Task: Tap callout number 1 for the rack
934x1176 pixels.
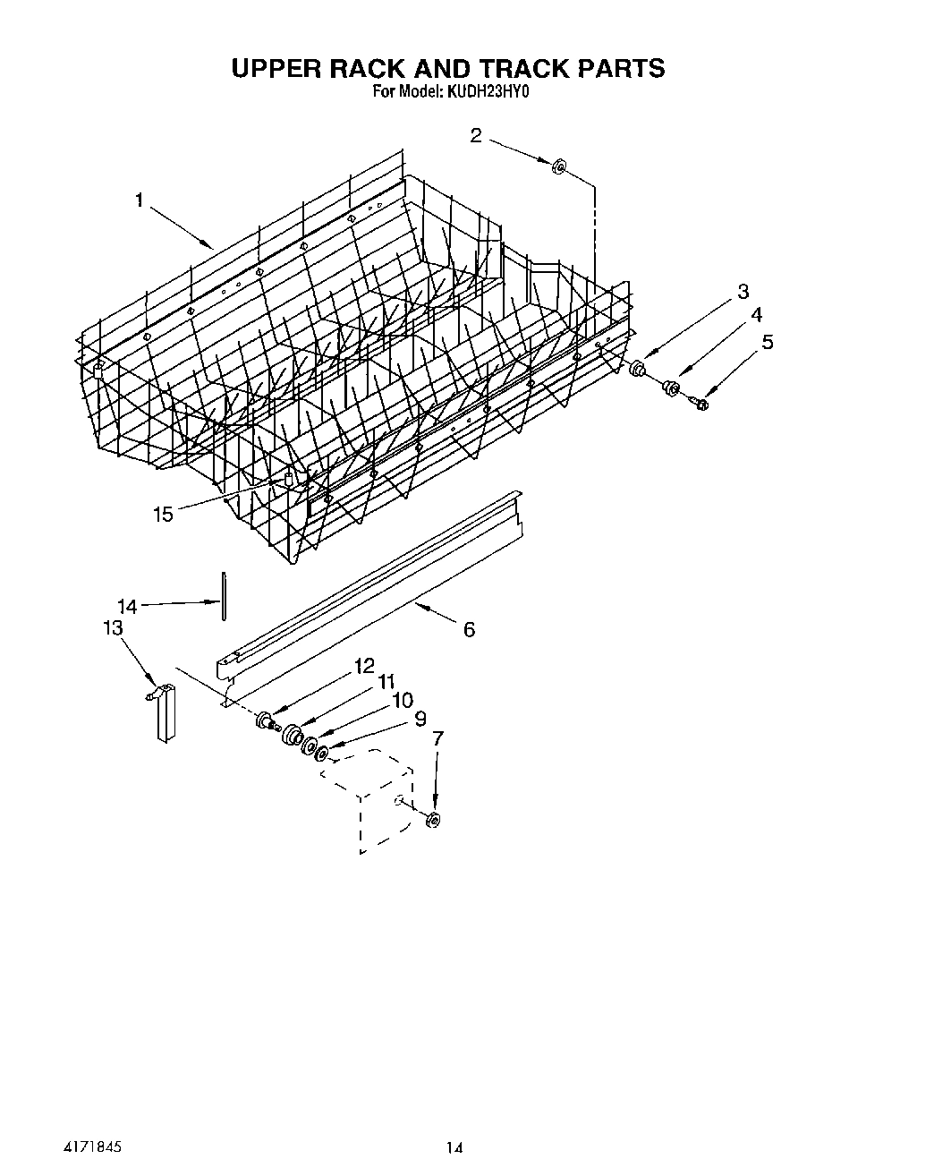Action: click(x=139, y=200)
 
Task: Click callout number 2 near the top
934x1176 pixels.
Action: click(x=476, y=135)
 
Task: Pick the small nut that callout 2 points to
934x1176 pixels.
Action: click(x=557, y=166)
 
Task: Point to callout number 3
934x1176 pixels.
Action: click(x=743, y=291)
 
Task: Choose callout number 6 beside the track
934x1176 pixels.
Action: click(x=469, y=630)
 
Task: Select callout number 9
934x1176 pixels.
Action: click(x=419, y=718)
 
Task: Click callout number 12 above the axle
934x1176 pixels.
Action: click(x=364, y=665)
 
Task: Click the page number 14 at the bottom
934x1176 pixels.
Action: click(x=456, y=1147)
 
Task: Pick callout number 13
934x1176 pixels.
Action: click(x=113, y=628)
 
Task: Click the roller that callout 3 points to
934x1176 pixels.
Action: click(x=639, y=369)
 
